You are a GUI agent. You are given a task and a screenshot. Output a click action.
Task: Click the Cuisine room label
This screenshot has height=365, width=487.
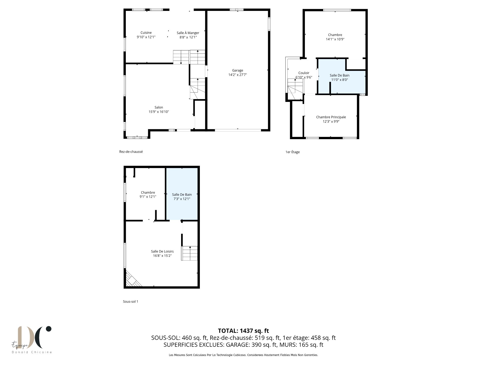(x=146, y=33)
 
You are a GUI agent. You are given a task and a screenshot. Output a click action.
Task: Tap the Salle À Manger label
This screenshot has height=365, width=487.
(x=188, y=33)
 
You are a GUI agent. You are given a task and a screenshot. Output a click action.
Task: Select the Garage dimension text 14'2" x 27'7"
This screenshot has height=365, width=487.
(x=238, y=75)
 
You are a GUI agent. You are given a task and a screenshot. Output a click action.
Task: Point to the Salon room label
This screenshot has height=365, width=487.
(x=159, y=107)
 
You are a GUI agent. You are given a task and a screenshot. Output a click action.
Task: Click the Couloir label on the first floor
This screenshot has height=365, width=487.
(x=304, y=73)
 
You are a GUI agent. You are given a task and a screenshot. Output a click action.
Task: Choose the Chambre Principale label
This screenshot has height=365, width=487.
(x=331, y=117)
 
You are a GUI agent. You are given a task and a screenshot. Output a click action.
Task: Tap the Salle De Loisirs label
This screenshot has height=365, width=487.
(x=162, y=251)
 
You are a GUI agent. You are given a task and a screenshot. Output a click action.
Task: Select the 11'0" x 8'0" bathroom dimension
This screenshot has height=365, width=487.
(x=340, y=80)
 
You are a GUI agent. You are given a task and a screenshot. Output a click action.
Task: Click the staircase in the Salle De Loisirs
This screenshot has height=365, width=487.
(x=189, y=253)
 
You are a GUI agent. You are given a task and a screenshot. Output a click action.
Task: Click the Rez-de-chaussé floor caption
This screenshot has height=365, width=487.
(x=131, y=152)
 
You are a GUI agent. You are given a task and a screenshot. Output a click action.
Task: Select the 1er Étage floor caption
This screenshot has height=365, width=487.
(x=292, y=152)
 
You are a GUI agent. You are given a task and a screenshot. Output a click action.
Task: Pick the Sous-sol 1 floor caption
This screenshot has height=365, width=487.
(x=130, y=302)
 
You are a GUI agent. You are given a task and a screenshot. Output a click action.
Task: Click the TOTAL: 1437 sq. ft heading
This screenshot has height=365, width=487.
(x=243, y=331)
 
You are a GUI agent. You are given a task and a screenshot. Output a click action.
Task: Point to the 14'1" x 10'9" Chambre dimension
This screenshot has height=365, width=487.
(x=335, y=39)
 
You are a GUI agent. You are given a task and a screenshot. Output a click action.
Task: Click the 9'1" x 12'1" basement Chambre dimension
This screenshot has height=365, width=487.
(x=148, y=196)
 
